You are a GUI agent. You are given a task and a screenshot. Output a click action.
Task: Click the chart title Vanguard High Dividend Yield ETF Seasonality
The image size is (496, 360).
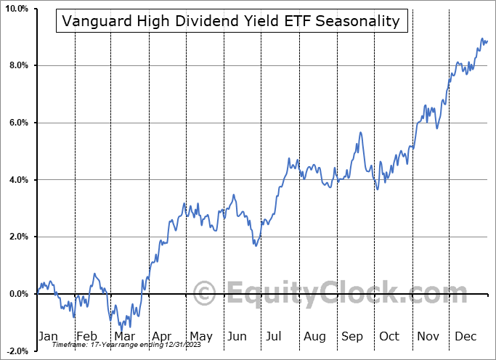tap(231, 21)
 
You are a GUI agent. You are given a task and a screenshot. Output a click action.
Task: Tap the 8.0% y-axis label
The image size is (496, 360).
tap(17, 66)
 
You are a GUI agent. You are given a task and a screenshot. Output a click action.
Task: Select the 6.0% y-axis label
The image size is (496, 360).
tap(17, 123)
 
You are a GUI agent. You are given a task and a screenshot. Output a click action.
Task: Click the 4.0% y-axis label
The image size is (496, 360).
tap(17, 180)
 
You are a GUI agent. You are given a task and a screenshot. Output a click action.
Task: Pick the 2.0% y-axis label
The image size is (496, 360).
tap(17, 237)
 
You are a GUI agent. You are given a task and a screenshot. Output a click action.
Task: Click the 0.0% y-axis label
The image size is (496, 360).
tap(17, 294)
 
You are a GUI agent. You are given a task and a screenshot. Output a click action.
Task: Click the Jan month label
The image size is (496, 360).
tap(48, 336)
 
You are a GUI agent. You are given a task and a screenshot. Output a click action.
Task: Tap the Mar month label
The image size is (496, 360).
tap(124, 336)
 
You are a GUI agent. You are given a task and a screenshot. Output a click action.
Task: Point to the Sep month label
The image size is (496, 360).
tap(352, 336)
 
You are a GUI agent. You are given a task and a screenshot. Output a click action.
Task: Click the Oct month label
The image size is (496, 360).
tap(389, 336)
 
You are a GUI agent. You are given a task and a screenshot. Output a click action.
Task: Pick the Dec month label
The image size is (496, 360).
tap(465, 336)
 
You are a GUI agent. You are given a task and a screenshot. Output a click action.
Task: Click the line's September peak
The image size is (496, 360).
tap(360, 133)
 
